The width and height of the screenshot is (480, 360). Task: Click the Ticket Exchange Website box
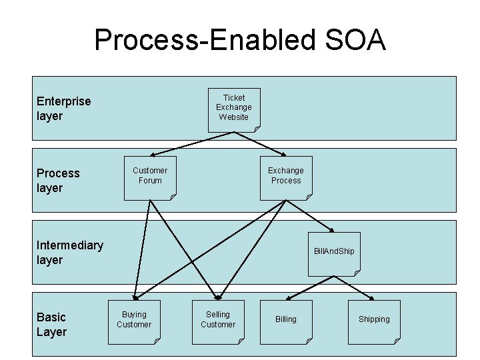pyautogui.click(x=234, y=110)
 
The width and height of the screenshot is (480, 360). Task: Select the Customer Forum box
pyautogui.click(x=150, y=179)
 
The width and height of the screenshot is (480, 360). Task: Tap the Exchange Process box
pyautogui.click(x=286, y=179)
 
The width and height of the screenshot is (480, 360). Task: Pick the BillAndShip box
pyautogui.click(x=334, y=254)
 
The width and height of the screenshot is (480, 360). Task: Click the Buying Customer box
pyautogui.click(x=134, y=323)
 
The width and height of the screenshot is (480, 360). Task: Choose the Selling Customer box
pyautogui.click(x=218, y=323)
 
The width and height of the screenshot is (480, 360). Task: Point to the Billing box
pyautogui.click(x=286, y=323)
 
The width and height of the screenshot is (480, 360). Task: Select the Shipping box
pyautogui.click(x=374, y=323)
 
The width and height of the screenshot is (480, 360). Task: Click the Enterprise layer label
pyautogui.click(x=64, y=109)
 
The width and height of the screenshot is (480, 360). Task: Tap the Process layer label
pyautogui.click(x=58, y=181)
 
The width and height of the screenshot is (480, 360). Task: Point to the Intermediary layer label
pyautogui.click(x=70, y=253)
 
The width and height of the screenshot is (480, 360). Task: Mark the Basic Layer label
pyautogui.click(x=51, y=325)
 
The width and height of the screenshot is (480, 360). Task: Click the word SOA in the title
pyautogui.click(x=355, y=40)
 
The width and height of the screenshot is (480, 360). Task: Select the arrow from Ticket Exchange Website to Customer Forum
pyautogui.click(x=192, y=144)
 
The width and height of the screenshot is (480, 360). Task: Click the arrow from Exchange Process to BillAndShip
pyautogui.click(x=310, y=216)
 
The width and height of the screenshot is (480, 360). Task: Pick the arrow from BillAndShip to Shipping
pyautogui.click(x=354, y=288)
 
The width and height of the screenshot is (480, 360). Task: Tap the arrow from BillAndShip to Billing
pyautogui.click(x=310, y=288)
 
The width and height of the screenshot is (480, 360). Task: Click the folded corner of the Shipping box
pyautogui.click(x=397, y=341)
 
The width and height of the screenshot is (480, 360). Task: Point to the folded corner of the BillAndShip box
pyautogui.click(x=357, y=273)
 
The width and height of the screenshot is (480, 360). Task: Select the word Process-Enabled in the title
pyautogui.click(x=205, y=40)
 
